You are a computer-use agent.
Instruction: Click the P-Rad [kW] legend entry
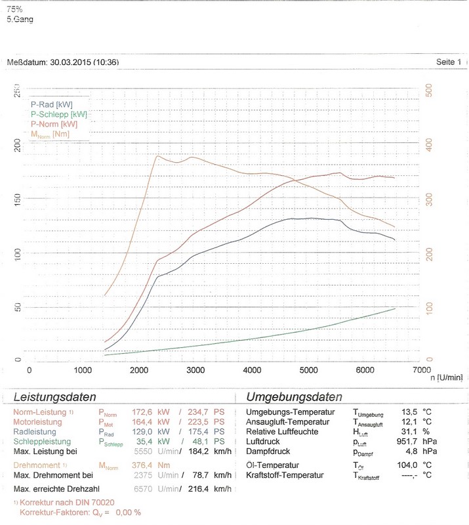51,104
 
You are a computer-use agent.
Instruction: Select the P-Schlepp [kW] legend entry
58,114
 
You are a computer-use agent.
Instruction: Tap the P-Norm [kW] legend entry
54,123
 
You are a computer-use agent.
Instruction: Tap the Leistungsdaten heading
55,397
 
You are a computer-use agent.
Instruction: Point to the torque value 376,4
140,465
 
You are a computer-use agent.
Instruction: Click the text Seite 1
449,62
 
